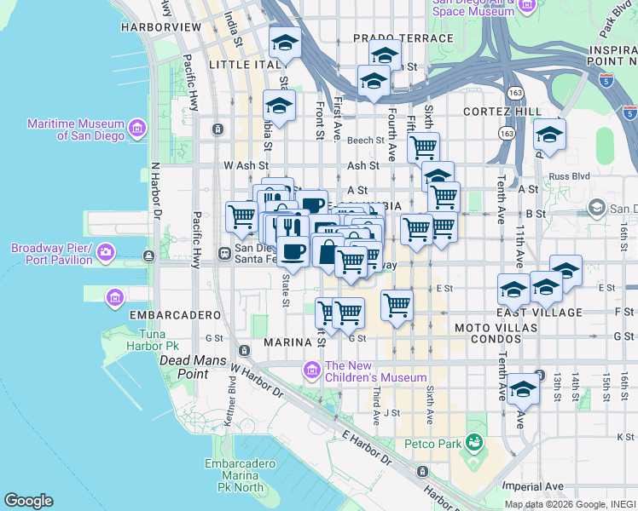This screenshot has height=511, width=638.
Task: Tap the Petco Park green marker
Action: [x=474, y=443]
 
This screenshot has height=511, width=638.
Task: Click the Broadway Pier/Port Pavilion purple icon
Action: [x=106, y=253]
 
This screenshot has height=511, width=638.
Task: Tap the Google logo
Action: [x=28, y=501]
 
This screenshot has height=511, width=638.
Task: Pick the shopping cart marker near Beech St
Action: [x=422, y=147]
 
